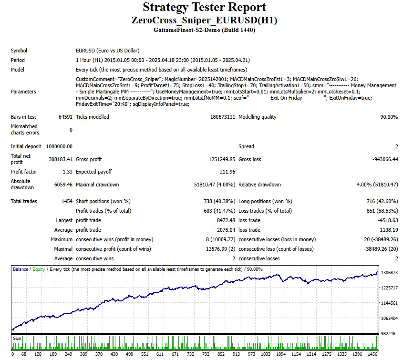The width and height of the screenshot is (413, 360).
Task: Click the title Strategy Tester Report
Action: pos(204,8)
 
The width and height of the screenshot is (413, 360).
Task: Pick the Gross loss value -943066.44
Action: pos(381,159)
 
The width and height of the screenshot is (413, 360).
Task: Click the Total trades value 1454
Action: pos(66,201)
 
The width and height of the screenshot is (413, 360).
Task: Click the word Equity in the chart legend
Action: pos(39,269)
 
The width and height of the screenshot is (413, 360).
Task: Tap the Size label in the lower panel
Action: pos(17,338)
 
